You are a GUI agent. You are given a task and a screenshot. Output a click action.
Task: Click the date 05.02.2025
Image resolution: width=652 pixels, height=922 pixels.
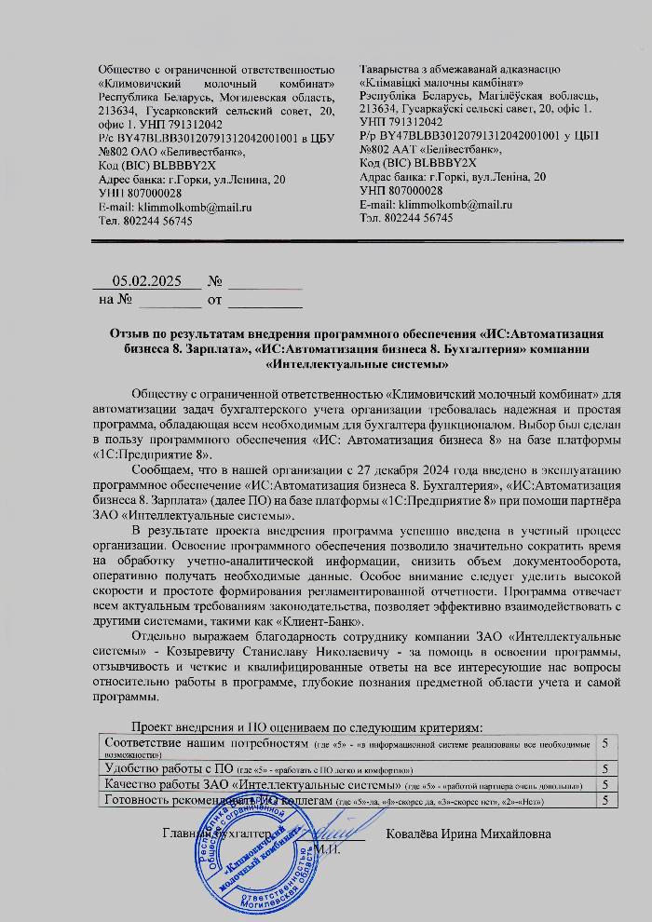click(146, 280)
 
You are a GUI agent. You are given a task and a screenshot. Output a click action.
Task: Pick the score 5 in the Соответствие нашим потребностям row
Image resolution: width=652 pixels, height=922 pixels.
click(605, 743)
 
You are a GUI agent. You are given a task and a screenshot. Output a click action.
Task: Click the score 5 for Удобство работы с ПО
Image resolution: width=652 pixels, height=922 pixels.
click(605, 769)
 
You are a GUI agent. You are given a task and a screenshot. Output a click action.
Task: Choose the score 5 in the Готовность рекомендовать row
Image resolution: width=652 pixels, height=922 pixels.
click(605, 800)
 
